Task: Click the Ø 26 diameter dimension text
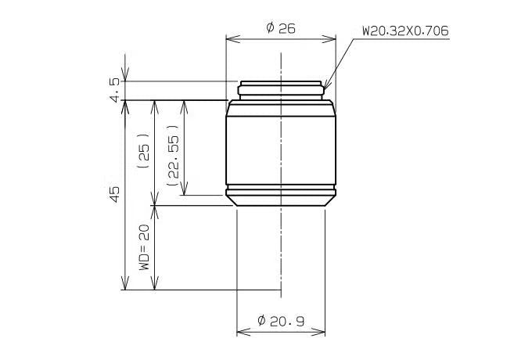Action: (x=281, y=28)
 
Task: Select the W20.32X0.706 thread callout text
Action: (x=405, y=31)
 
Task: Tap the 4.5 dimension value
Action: (x=115, y=90)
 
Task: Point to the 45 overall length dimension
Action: (x=115, y=194)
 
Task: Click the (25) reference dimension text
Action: (x=144, y=151)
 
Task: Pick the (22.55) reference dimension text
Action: (x=173, y=156)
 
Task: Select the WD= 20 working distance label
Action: (x=144, y=247)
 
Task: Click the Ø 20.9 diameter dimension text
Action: (x=281, y=321)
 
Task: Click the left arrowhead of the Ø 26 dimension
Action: (x=233, y=38)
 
